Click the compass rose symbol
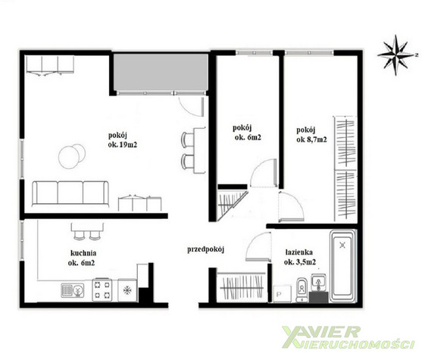pos(395,55)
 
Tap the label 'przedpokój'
pos(205,249)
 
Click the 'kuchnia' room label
pos(83,253)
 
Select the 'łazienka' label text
pos(299,252)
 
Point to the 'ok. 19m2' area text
pos(123,145)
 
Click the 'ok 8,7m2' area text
pos(311,139)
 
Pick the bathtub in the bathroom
pos(343,266)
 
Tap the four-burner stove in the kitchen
pos(102,290)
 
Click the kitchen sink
pos(73,290)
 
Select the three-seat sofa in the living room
pos(70,193)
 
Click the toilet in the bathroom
pos(302,290)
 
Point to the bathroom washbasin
pos(319,283)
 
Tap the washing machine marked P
pos(283,294)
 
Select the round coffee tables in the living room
pos(72,156)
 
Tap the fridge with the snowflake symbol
pos(127,290)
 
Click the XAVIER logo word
pos(320,333)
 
